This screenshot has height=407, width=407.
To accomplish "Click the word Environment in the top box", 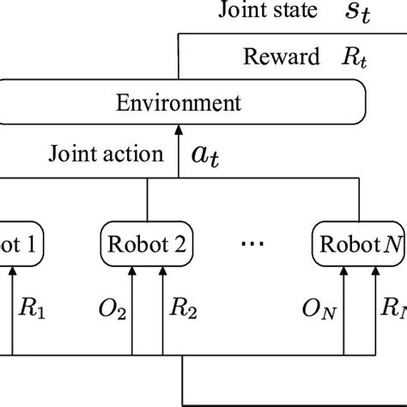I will pyautogui.click(x=179, y=104).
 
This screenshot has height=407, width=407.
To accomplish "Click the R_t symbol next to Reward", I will pyautogui.click(x=332, y=58).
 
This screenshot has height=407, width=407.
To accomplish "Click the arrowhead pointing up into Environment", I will pyautogui.click(x=179, y=131).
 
